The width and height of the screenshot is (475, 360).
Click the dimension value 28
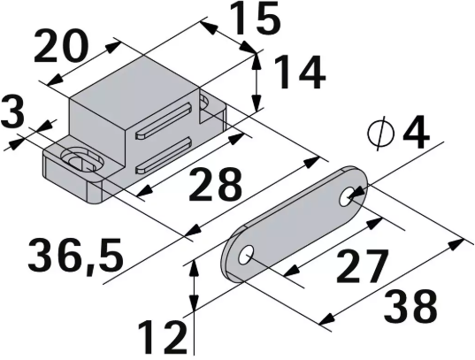click(x=215, y=187)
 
